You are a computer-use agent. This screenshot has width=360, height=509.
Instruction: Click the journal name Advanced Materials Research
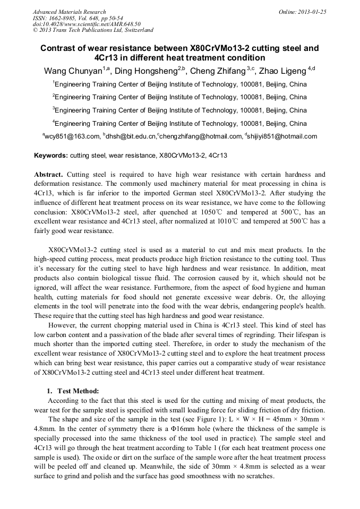(69, 12)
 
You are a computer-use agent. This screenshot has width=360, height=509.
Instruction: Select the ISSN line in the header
(78, 18)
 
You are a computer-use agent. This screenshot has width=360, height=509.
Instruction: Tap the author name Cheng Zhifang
(218, 71)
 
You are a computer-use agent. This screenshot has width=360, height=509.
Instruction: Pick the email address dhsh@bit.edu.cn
(131, 136)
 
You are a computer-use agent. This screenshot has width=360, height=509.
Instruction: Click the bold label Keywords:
(51, 156)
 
